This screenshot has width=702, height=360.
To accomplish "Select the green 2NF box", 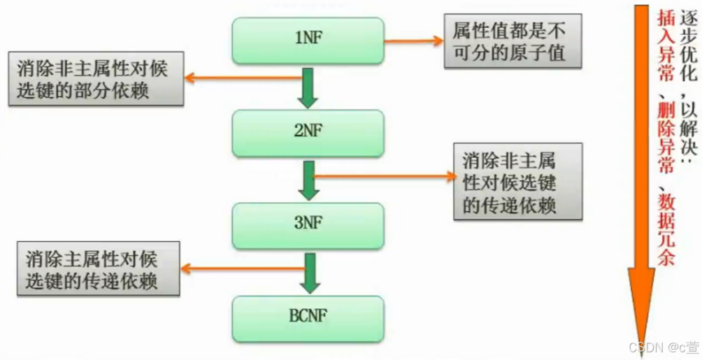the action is (x=308, y=132).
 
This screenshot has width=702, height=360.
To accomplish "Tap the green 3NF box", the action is (x=308, y=225).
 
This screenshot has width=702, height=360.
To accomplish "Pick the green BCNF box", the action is (x=308, y=318).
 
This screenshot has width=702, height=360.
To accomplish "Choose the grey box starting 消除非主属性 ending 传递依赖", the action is (x=517, y=180).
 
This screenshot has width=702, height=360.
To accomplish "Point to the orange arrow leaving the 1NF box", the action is (x=415, y=40).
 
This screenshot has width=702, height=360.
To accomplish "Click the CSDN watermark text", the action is (x=663, y=347).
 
